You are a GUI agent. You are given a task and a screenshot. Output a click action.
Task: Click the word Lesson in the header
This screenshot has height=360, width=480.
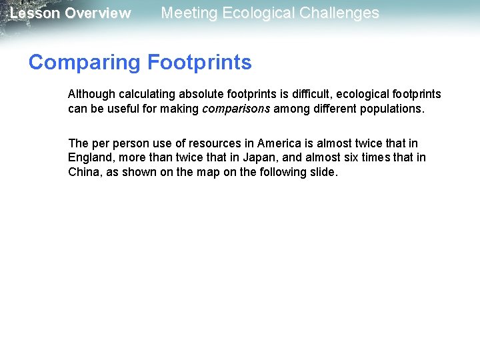point(34,13)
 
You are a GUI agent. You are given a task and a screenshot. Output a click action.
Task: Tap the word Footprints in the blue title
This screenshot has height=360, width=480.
point(199,63)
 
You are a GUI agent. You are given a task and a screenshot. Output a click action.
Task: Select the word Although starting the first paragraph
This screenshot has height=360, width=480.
point(91,94)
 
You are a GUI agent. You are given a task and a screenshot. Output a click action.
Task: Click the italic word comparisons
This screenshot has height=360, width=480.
point(236,109)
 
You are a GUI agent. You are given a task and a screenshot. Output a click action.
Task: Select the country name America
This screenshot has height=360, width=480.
point(279,143)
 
